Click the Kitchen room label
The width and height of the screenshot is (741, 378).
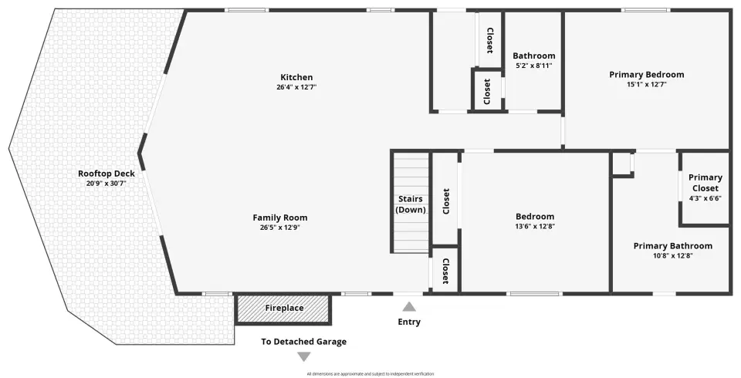coord(296,77)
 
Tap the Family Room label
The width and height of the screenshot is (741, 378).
coord(279,218)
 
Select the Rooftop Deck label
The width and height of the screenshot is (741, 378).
coord(107,174)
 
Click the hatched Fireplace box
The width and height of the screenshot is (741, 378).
coord(283,309)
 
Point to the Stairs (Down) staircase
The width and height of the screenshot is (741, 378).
coord(410,202)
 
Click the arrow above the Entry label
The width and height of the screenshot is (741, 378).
coord(409,307)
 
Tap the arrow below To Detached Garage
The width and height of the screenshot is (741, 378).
coord(304,356)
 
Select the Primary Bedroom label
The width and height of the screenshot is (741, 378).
coord(647,75)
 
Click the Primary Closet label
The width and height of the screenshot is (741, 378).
coord(705,183)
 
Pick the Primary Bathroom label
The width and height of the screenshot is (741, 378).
coord(673,246)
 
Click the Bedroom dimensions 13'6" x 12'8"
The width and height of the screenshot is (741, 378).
coord(535,226)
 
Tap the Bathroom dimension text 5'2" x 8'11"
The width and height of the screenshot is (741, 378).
coord(534,66)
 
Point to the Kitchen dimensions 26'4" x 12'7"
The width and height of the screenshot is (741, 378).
coord(296,87)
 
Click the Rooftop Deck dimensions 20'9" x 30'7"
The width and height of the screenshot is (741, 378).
coord(107,184)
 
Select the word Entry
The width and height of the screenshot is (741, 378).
coord(409,322)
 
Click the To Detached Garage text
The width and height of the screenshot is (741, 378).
coord(304,342)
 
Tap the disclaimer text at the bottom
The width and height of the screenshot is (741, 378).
coord(370,373)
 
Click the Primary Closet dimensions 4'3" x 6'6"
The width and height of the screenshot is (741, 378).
coord(705,198)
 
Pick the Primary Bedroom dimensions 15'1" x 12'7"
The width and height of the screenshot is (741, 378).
coord(647,85)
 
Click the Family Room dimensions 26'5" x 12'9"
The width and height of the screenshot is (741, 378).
coord(279,228)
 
